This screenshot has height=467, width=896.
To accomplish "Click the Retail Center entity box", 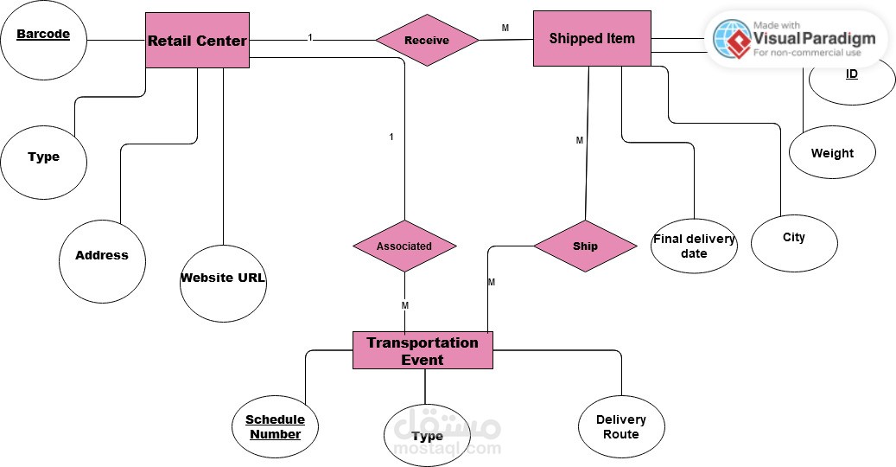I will pos(197,40).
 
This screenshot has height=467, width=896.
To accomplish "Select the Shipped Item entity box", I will pos(592,38).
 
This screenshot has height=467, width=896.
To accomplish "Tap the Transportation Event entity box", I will pos(422,351).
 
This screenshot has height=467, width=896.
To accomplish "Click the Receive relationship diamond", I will pos(427,40).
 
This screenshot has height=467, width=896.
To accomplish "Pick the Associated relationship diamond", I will pos(404,246).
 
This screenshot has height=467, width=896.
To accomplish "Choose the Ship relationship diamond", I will pos(585,246).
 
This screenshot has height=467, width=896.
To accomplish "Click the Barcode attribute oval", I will pos(43,40).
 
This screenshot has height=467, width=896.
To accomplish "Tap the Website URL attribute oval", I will pos(223,278).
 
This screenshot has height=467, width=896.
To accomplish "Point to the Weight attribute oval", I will pos(832,153).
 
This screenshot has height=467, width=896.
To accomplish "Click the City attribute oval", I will pos(793,238).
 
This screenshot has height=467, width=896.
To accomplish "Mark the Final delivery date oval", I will pos(694,246).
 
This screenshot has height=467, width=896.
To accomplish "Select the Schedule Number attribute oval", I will pos(275,427).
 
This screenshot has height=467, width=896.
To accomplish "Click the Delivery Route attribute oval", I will pos(620,426).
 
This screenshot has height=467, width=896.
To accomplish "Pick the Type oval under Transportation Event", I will pos(427,436).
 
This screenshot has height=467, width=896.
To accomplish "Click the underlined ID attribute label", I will pos(852,74).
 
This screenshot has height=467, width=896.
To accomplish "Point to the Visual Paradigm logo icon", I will pos(730,38).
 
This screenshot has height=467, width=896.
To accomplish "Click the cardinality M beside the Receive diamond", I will pos(505,29).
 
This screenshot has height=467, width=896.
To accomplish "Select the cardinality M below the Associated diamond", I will pos(404,305).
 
